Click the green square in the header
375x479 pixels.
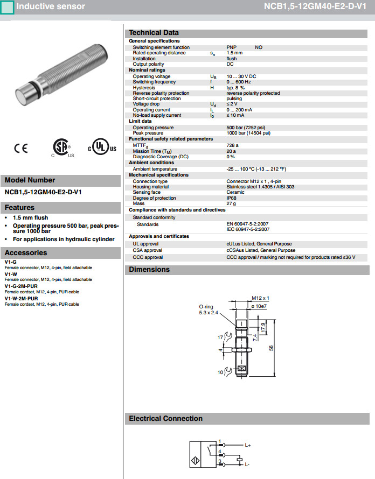tap(8, 7)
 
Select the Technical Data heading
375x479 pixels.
tap(154, 32)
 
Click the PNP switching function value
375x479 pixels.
tap(231, 47)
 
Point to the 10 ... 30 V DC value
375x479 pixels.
tap(241, 76)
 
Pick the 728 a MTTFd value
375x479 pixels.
tap(232, 145)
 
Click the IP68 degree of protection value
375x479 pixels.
tap(232, 198)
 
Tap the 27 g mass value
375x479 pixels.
tap(231, 203)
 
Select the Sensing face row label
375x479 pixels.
tap(147, 192)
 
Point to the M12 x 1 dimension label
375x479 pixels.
tap(260, 298)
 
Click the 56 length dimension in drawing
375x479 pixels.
tap(279, 348)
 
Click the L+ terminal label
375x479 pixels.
tap(248, 446)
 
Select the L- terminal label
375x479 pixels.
tap(247, 464)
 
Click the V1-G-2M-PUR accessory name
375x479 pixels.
tap(21, 286)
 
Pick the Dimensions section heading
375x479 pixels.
tap(149, 269)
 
